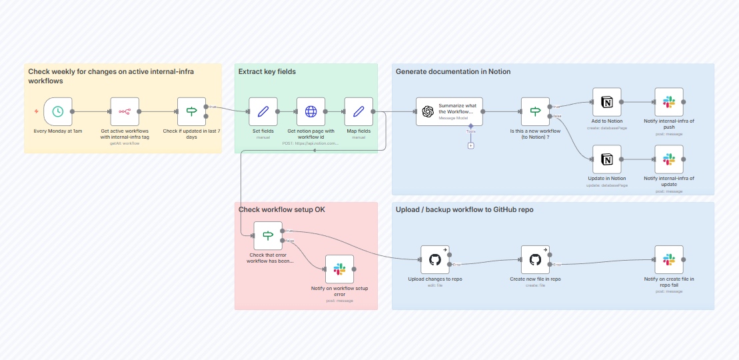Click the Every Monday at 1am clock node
[x=58, y=112]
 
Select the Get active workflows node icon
[x=125, y=112]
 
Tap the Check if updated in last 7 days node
[x=191, y=112]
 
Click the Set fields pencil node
[x=263, y=112]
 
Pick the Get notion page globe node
[x=311, y=112]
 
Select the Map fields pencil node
[x=359, y=112]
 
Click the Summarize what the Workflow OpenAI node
[x=449, y=112]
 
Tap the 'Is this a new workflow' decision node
[x=535, y=112]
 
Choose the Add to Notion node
[x=606, y=102]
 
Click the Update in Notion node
[x=606, y=159]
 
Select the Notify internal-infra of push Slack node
[x=668, y=102]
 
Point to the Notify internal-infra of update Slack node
[x=668, y=159]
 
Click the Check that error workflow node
[x=268, y=235]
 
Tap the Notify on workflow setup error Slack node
[x=339, y=269]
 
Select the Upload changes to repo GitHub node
[x=434, y=259]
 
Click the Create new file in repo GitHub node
[x=535, y=259]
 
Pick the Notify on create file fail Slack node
[x=668, y=259]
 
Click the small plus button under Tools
[x=470, y=145]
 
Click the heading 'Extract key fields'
[x=267, y=71]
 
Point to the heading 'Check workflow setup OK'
[x=281, y=209]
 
